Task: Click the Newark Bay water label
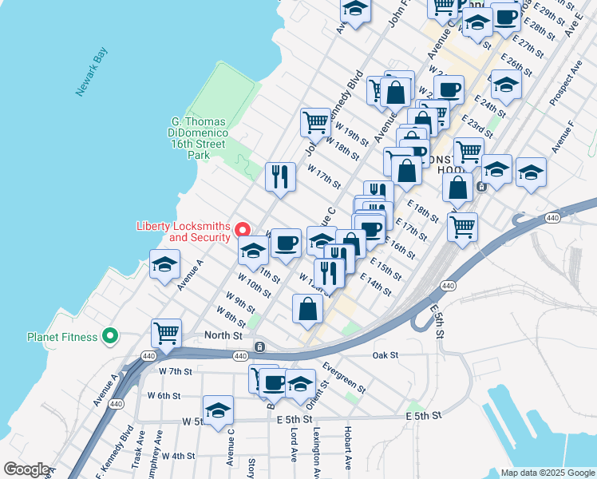tap(93, 73)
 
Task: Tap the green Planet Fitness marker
tap(111, 337)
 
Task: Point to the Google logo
tap(26, 469)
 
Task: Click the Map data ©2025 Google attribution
tap(548, 473)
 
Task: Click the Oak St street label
tap(383, 354)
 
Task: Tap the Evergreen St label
tap(344, 378)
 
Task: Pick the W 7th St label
tap(176, 371)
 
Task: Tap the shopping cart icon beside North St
tap(166, 332)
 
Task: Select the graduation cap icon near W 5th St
tap(218, 410)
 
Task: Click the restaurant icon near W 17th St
tap(279, 176)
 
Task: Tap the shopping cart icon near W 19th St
tap(315, 122)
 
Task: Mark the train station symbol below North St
tap(259, 346)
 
